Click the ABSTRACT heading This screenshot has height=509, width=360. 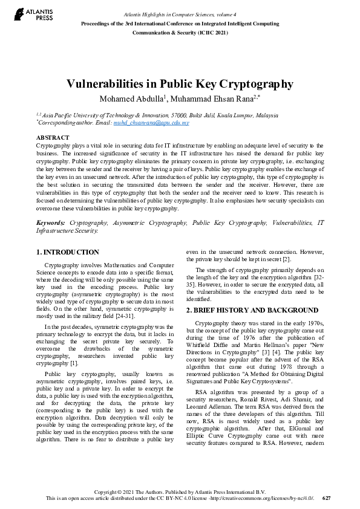[x=53, y=138]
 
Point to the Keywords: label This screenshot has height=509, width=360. [x=50, y=223]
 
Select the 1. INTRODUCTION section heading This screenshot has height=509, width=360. [x=68, y=252]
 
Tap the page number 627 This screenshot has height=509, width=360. [x=327, y=498]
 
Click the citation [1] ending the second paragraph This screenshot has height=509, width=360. [x=74, y=363]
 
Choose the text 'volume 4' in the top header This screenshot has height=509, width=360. [x=241, y=14]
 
